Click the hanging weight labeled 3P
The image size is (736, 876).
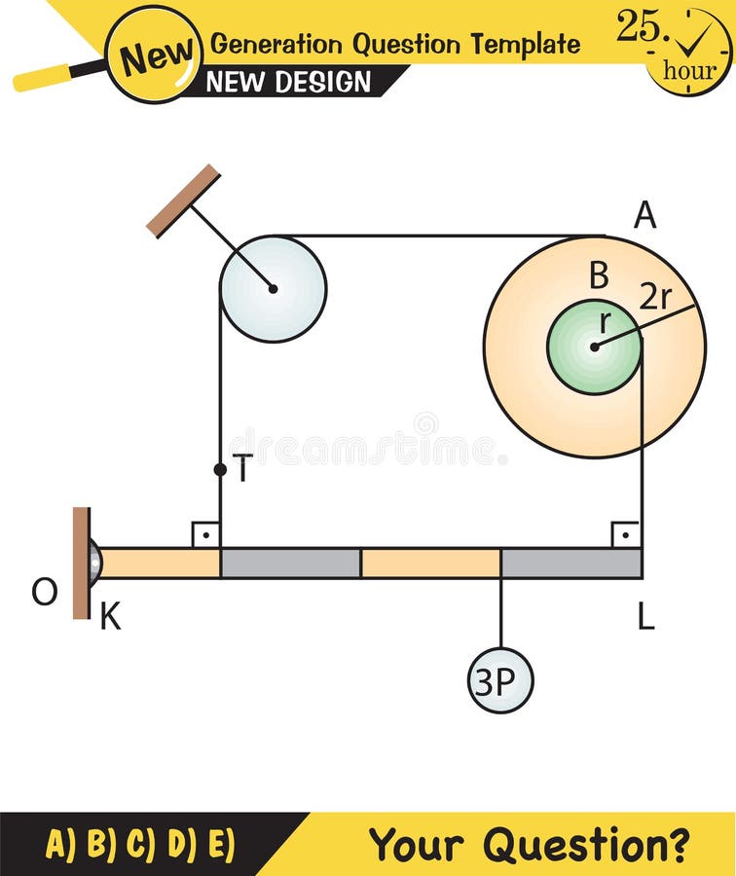point(500,680)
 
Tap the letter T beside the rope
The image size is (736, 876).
point(243,469)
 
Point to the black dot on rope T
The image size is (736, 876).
point(220,470)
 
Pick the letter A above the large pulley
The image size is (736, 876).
point(644,215)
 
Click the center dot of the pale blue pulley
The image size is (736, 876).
point(273,288)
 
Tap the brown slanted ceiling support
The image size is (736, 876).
point(183,201)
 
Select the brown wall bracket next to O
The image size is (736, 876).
point(81,563)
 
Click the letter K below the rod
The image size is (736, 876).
point(111,616)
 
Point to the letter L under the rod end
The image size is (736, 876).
point(646,616)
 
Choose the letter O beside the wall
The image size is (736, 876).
point(44,592)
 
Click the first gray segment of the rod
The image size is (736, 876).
point(290,564)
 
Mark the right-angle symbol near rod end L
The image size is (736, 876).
point(625,534)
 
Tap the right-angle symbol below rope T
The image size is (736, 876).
point(205,534)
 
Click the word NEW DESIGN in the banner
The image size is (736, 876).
point(288,82)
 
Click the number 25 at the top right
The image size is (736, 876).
point(639,26)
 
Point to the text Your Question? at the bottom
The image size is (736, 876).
point(530,844)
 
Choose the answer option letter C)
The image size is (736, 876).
point(141,844)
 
